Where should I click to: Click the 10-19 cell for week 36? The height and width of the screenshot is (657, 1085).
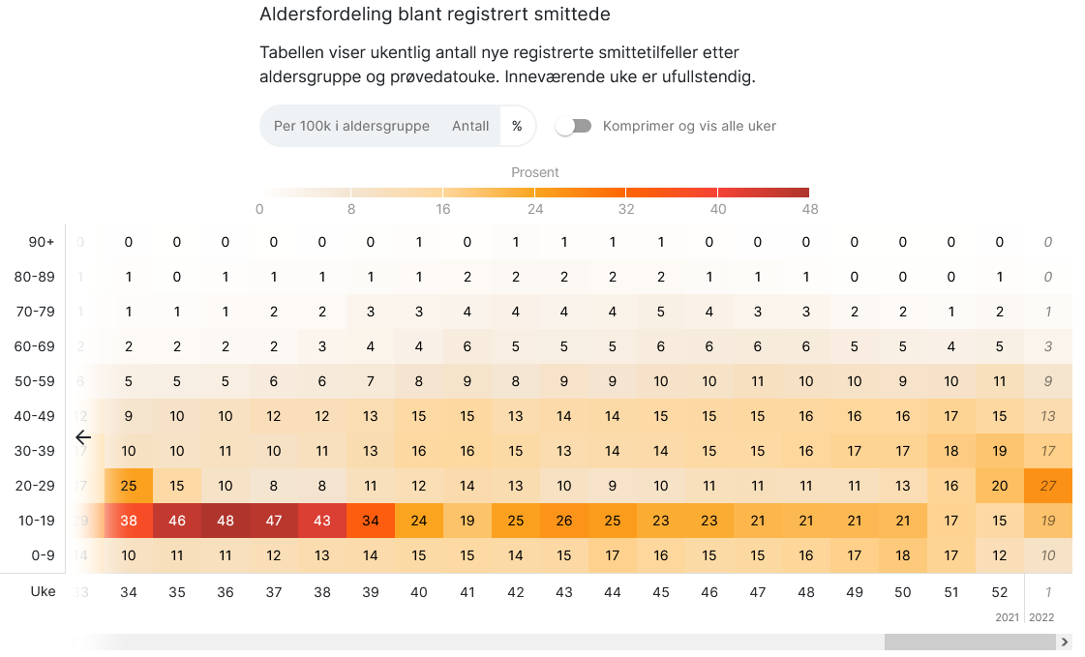coord(226,521)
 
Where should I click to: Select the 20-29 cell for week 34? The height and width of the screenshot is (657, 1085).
coord(129,486)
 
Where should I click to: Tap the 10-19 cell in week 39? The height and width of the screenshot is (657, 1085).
coord(371,521)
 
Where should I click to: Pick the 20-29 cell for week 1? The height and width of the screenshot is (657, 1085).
coord(1048,486)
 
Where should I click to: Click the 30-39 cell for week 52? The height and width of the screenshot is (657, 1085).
coord(1000,451)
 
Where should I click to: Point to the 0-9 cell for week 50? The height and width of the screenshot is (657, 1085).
coord(903,555)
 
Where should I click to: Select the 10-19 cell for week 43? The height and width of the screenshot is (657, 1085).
coord(564,521)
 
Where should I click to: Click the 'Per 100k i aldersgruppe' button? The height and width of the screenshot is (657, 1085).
coord(351,126)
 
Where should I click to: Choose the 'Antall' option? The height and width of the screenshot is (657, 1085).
coord(470,126)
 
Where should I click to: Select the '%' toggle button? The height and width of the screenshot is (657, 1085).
coord(517,126)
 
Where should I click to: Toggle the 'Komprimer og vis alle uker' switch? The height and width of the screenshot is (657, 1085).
coord(574,126)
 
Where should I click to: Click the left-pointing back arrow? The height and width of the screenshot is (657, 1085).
coord(83,437)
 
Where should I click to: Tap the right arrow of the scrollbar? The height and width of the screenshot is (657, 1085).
coord(1065,642)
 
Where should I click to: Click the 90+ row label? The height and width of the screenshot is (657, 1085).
coord(41,242)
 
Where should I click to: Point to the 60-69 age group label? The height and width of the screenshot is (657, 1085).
coord(36,346)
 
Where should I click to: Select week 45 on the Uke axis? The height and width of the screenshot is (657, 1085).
coord(661,591)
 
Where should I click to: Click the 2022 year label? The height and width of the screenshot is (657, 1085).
coord(1041,616)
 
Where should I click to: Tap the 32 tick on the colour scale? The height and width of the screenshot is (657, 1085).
coord(626,209)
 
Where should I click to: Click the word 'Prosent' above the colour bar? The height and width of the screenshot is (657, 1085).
coord(535,172)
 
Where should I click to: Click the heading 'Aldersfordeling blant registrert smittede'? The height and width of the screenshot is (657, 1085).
coord(436,15)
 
